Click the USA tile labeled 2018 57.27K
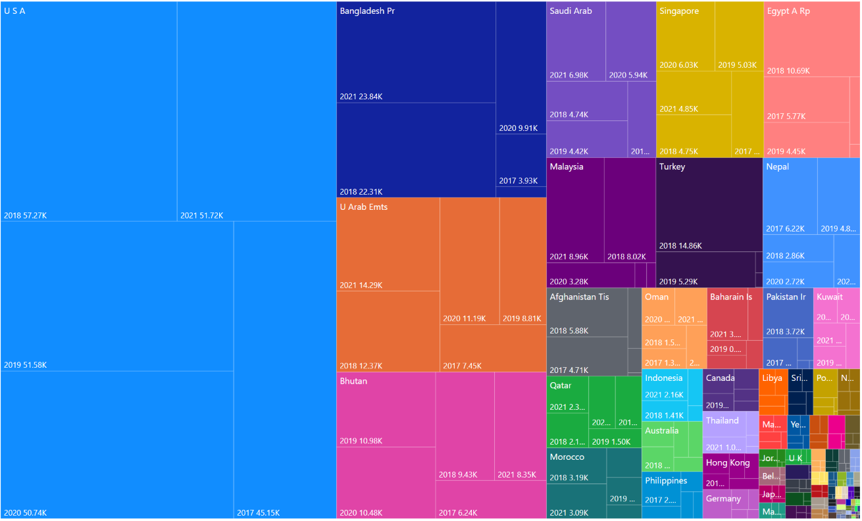tap(89, 112)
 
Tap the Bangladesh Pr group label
tap(367, 11)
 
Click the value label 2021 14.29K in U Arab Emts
tap(361, 285)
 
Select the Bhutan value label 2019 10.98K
tap(361, 441)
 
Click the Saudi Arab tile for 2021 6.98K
tap(576, 43)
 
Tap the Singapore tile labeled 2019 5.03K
tap(739, 37)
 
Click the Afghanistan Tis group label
tap(579, 297)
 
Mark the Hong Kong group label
tap(727, 462)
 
